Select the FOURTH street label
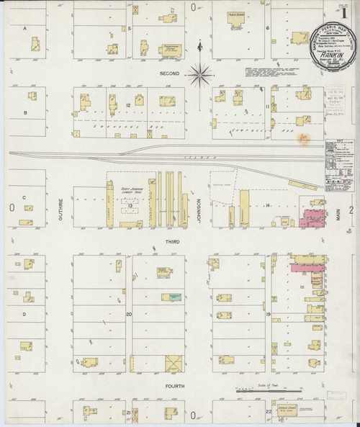click(175, 387)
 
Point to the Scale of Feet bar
click(267, 390)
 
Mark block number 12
click(128, 106)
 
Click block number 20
click(129, 314)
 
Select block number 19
click(267, 314)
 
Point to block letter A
click(25, 28)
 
